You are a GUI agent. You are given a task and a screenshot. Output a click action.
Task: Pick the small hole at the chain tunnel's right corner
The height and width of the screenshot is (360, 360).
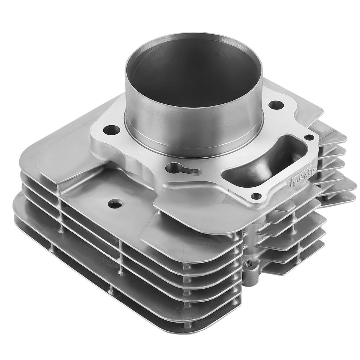pos(309,137)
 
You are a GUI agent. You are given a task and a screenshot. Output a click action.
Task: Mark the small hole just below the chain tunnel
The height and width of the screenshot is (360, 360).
pos(256,196)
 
